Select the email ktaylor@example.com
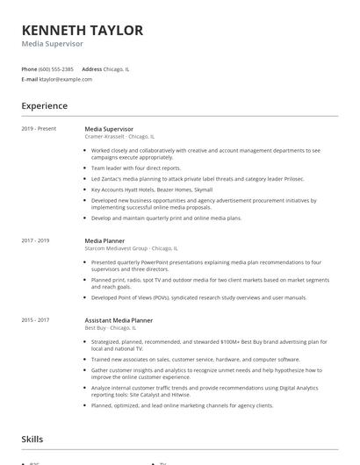click(x=66, y=79)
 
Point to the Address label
click(x=91, y=68)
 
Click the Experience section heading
click(x=44, y=106)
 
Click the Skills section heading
click(x=32, y=439)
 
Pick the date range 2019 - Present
click(x=39, y=129)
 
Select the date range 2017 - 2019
click(x=35, y=240)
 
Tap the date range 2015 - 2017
click(x=35, y=321)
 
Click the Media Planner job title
click(x=104, y=240)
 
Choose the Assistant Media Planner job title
click(x=119, y=321)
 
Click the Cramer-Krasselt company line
click(x=119, y=137)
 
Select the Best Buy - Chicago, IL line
click(x=112, y=328)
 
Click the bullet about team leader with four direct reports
click(x=136, y=168)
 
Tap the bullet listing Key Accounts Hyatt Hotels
click(x=152, y=189)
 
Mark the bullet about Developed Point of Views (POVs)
click(x=198, y=297)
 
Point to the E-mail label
click(x=29, y=79)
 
